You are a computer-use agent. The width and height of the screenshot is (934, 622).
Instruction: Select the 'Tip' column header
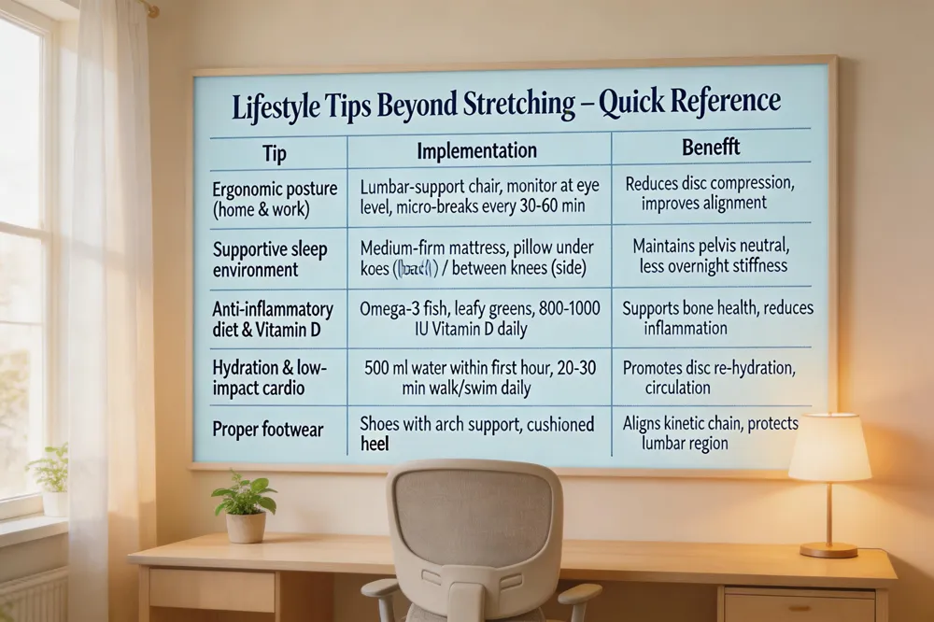[x=275, y=151]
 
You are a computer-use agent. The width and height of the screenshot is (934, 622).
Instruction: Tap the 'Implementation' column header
[x=476, y=150]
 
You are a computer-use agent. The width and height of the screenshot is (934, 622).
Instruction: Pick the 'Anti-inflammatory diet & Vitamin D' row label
[x=273, y=319]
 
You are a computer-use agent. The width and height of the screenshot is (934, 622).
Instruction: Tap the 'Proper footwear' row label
[x=268, y=430]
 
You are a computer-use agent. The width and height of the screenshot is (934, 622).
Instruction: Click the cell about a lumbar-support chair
[x=478, y=195]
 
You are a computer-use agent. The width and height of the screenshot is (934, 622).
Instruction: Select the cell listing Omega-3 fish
[x=479, y=318]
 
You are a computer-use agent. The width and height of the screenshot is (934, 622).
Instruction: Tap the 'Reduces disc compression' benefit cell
[x=709, y=193]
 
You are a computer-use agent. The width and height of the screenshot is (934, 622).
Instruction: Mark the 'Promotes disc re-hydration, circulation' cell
[x=709, y=377]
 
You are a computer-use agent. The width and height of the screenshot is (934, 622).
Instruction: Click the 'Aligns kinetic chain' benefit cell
[x=710, y=432]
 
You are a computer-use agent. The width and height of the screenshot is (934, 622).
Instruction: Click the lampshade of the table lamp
[x=829, y=447]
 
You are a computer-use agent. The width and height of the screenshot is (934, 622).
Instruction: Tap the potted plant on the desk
[x=245, y=509]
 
